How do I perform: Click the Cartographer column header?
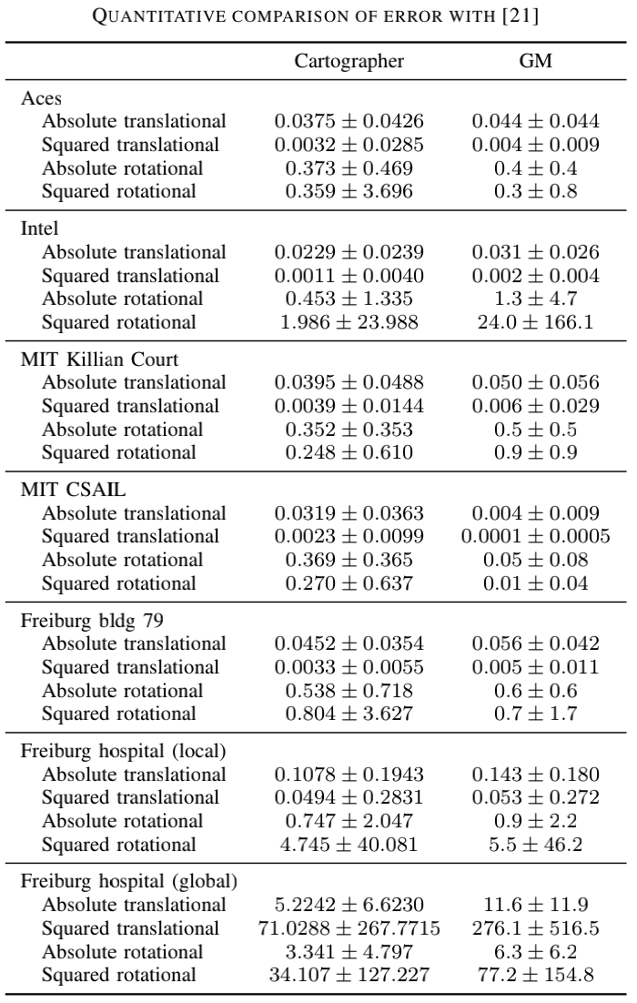coord(349,62)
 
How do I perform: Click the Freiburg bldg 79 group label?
coord(92,621)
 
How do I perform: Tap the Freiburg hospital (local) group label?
coord(123,751)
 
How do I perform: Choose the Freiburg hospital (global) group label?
coord(128,881)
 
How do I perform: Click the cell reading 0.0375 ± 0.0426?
coord(349,122)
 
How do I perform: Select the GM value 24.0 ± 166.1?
coord(535,322)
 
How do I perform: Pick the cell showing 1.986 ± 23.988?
coord(349,322)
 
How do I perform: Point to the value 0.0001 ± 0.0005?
coord(535,537)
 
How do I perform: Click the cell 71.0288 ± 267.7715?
coord(349,928)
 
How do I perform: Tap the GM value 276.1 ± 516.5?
coord(535,928)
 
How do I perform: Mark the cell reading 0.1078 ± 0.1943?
coord(349,775)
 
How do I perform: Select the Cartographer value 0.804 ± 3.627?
coord(349,714)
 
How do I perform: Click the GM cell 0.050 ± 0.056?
coord(535,383)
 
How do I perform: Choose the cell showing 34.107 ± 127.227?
coord(349,976)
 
